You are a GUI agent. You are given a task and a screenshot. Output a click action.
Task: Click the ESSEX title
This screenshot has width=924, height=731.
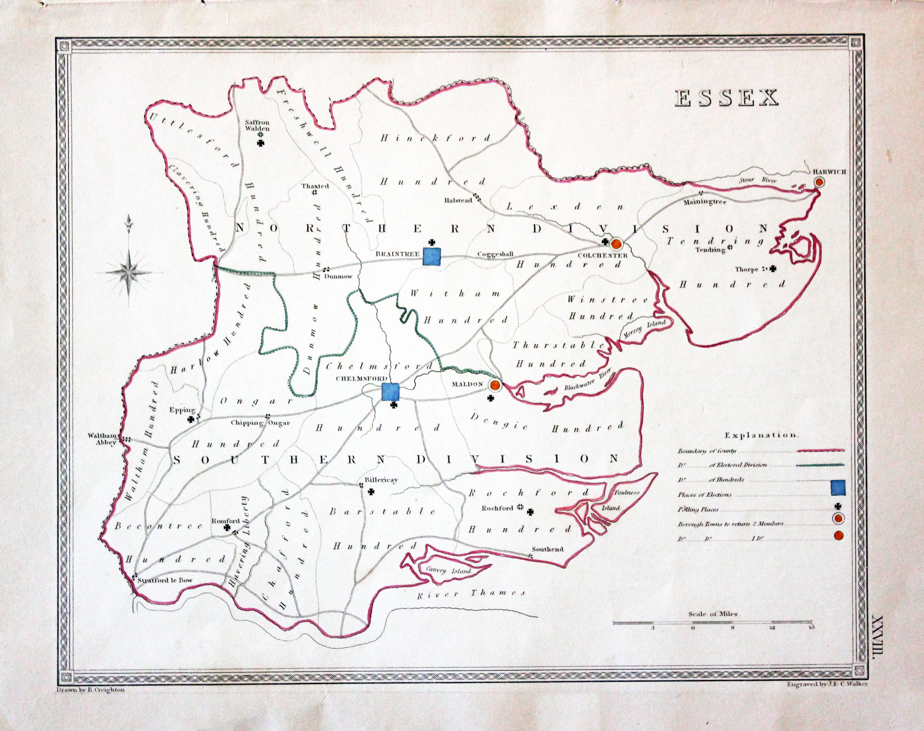click(x=726, y=98)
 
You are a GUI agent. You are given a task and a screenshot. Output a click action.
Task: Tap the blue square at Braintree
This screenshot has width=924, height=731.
click(x=432, y=256)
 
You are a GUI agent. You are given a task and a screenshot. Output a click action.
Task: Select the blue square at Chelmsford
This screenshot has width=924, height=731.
click(x=390, y=392)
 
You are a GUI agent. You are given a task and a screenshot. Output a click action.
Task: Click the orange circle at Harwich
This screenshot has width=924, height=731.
click(x=819, y=182)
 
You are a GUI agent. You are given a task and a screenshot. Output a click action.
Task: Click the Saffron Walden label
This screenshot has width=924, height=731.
click(x=257, y=125)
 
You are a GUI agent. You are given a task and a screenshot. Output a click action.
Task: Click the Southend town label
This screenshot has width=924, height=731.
click(x=547, y=549)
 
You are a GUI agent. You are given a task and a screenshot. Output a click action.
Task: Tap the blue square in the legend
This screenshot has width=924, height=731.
click(x=837, y=487)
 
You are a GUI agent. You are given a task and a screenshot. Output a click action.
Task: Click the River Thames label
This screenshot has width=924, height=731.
click(x=471, y=594)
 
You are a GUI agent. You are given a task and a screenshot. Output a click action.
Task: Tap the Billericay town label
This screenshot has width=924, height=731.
click(x=381, y=480)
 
